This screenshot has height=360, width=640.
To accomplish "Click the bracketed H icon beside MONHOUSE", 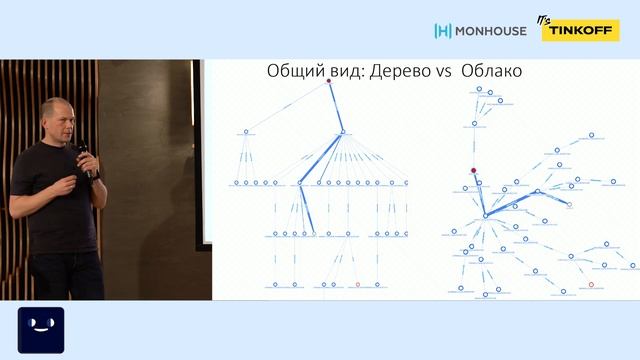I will (x=443, y=31).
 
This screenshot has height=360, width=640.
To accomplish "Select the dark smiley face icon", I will (x=41, y=329).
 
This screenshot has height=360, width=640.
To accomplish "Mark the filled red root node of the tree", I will (x=328, y=81).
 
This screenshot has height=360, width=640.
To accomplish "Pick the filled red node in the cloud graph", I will (x=474, y=170).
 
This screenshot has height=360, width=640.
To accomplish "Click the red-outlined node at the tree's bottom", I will (x=358, y=285).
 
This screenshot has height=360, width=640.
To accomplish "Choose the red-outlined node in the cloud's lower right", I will (x=591, y=285).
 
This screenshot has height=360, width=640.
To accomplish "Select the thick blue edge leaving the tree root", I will (x=335, y=106).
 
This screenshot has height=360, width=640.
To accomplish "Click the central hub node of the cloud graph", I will (x=485, y=215).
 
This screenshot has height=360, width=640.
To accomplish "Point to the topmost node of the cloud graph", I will (x=480, y=89).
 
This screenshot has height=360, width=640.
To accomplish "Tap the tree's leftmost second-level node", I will (x=246, y=131).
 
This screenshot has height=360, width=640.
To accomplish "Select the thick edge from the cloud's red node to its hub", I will (x=479, y=193).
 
